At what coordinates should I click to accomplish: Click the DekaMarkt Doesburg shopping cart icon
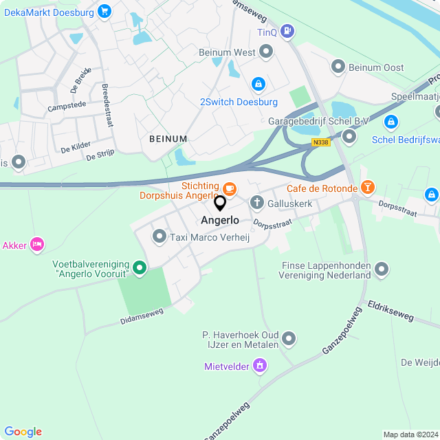[x=104, y=10]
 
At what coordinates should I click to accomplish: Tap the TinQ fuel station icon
[x=287, y=31]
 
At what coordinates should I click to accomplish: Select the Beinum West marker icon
[x=266, y=52]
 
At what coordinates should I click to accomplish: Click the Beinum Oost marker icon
[x=338, y=67]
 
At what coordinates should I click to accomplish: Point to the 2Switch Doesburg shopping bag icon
[x=258, y=84]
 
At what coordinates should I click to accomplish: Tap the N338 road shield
[x=320, y=142]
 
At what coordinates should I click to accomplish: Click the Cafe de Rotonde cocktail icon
[x=368, y=187]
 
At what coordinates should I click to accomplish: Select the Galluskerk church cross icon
[x=256, y=202]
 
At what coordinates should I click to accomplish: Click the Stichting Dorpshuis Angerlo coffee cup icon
[x=230, y=187]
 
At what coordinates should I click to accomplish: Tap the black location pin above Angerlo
[x=220, y=203]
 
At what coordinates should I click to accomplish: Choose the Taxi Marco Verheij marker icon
[x=159, y=237]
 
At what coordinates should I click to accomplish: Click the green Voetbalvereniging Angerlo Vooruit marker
[x=140, y=267]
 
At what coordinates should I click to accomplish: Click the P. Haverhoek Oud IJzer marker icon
[x=289, y=338]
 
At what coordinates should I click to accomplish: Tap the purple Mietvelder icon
[x=259, y=365]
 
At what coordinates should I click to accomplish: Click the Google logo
[x=23, y=431]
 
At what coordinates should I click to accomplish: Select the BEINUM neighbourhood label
[x=168, y=139]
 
